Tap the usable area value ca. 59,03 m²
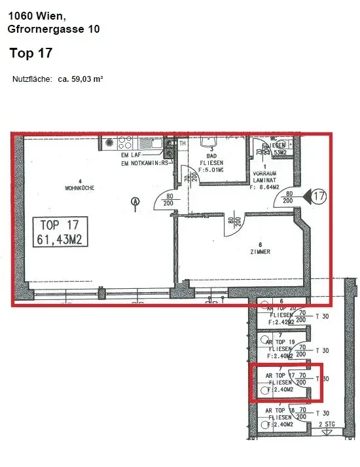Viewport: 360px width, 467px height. point(81,79)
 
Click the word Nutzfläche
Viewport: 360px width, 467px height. point(32,79)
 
